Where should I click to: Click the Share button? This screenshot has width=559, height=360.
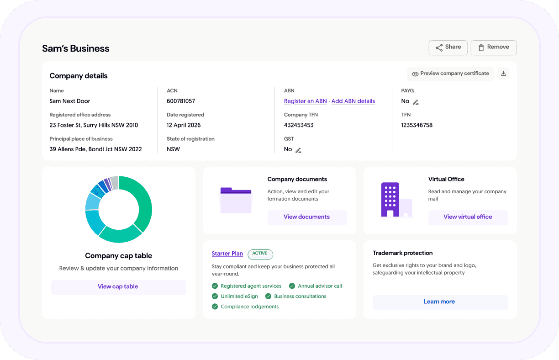click(448, 48)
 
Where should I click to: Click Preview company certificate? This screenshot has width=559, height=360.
click(450, 74)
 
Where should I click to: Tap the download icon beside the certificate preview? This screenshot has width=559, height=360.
click(503, 74)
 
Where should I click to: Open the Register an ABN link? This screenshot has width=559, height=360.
click(305, 101)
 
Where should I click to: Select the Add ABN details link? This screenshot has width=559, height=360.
click(353, 101)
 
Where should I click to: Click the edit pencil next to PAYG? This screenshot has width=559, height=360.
click(416, 102)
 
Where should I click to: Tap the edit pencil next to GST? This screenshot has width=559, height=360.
click(298, 150)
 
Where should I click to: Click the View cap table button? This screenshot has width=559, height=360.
click(118, 287)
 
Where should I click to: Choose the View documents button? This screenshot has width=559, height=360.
click(307, 217)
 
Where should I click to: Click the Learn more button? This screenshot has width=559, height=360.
click(440, 302)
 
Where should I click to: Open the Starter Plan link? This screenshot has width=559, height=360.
click(227, 254)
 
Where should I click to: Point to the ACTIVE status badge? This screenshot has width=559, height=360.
click(260, 254)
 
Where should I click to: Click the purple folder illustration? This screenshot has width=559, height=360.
click(236, 200)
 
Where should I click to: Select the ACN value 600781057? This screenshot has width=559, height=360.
click(181, 101)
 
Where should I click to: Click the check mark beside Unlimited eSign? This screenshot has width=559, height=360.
click(215, 296)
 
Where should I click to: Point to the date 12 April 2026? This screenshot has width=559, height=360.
click(184, 125)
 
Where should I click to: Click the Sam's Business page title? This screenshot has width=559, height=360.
click(76, 48)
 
